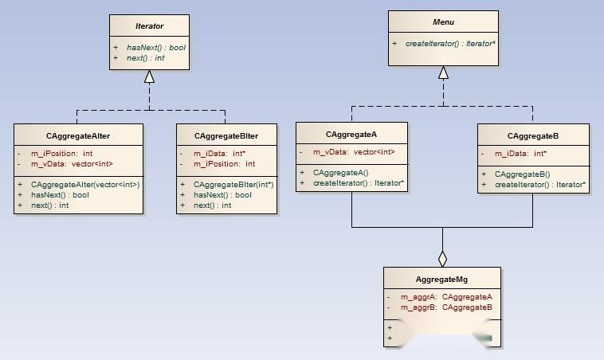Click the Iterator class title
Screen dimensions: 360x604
[x=149, y=26]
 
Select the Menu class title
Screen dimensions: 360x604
[x=443, y=22]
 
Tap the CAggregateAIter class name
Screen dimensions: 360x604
[x=78, y=135]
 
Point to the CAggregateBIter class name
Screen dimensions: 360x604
[x=226, y=135]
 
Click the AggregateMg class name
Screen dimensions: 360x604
[x=442, y=280]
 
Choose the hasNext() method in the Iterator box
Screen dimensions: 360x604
[x=156, y=48]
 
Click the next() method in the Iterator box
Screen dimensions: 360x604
[x=146, y=58]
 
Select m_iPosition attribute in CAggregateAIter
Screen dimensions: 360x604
[x=62, y=154]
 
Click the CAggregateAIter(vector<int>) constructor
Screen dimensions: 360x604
[x=85, y=185]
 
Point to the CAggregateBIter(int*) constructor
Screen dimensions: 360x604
[x=233, y=185]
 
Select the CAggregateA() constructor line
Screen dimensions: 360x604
[x=340, y=173]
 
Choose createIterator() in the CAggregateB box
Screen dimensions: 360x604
[x=539, y=185]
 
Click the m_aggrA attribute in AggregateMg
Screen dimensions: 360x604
[x=446, y=297]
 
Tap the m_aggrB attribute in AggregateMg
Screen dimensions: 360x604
[x=446, y=307]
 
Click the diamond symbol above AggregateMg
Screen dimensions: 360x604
[x=443, y=259]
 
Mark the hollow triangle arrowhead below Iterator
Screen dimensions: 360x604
[x=149, y=76]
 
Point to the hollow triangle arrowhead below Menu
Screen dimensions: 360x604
[x=443, y=73]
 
